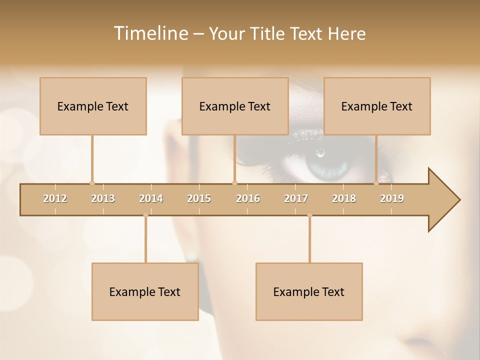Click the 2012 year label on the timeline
tap(55, 198)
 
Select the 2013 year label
tap(103, 198)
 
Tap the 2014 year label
tap(151, 198)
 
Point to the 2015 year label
tap(199, 198)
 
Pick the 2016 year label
tap(248, 198)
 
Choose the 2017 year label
tap(296, 198)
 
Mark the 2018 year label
tap(344, 198)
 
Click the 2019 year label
tap(392, 198)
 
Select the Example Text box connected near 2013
tap(93, 106)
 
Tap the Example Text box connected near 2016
tap(235, 106)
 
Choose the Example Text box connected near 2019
tap(377, 106)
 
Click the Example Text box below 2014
tap(145, 291)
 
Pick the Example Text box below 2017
tap(309, 291)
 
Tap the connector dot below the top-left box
tap(92, 183)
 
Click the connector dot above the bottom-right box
tap(309, 215)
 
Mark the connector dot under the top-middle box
tap(234, 183)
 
